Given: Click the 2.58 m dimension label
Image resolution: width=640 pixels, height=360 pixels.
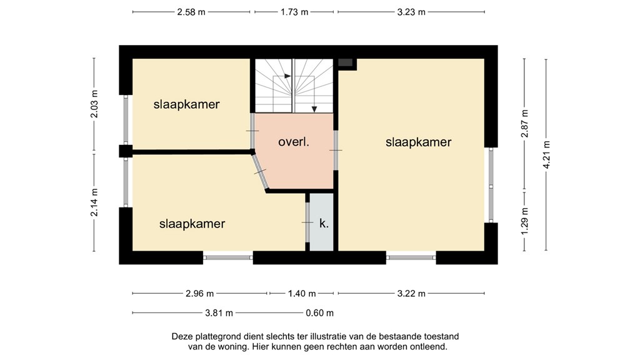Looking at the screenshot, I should click(192, 12).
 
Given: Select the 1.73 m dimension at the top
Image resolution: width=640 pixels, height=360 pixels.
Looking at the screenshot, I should click(294, 12).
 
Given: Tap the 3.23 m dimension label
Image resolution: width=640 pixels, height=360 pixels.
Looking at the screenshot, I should click(411, 12).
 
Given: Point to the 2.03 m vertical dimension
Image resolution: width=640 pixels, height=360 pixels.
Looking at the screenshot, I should click(94, 104).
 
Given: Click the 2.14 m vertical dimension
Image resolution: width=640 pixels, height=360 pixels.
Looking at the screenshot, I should click(94, 203).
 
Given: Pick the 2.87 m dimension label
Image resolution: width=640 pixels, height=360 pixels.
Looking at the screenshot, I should click(525, 124).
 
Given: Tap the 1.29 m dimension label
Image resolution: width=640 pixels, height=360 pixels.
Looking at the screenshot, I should click(525, 221).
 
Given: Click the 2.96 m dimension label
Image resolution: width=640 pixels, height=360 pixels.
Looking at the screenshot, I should click(200, 293).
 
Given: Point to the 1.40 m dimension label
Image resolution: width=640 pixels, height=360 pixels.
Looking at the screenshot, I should click(302, 293).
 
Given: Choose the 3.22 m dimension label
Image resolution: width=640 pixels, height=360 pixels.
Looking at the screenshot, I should click(411, 293).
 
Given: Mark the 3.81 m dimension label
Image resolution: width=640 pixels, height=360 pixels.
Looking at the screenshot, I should click(219, 313).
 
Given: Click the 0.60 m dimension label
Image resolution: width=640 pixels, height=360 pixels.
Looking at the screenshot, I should click(319, 313).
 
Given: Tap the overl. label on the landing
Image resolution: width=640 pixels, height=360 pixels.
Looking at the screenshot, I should click(294, 142).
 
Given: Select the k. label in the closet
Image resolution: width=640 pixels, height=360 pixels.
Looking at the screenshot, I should click(324, 222).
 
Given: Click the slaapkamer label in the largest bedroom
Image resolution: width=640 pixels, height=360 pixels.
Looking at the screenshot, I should click(418, 142).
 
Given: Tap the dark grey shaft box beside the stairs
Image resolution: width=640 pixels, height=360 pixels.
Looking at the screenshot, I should click(346, 62).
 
